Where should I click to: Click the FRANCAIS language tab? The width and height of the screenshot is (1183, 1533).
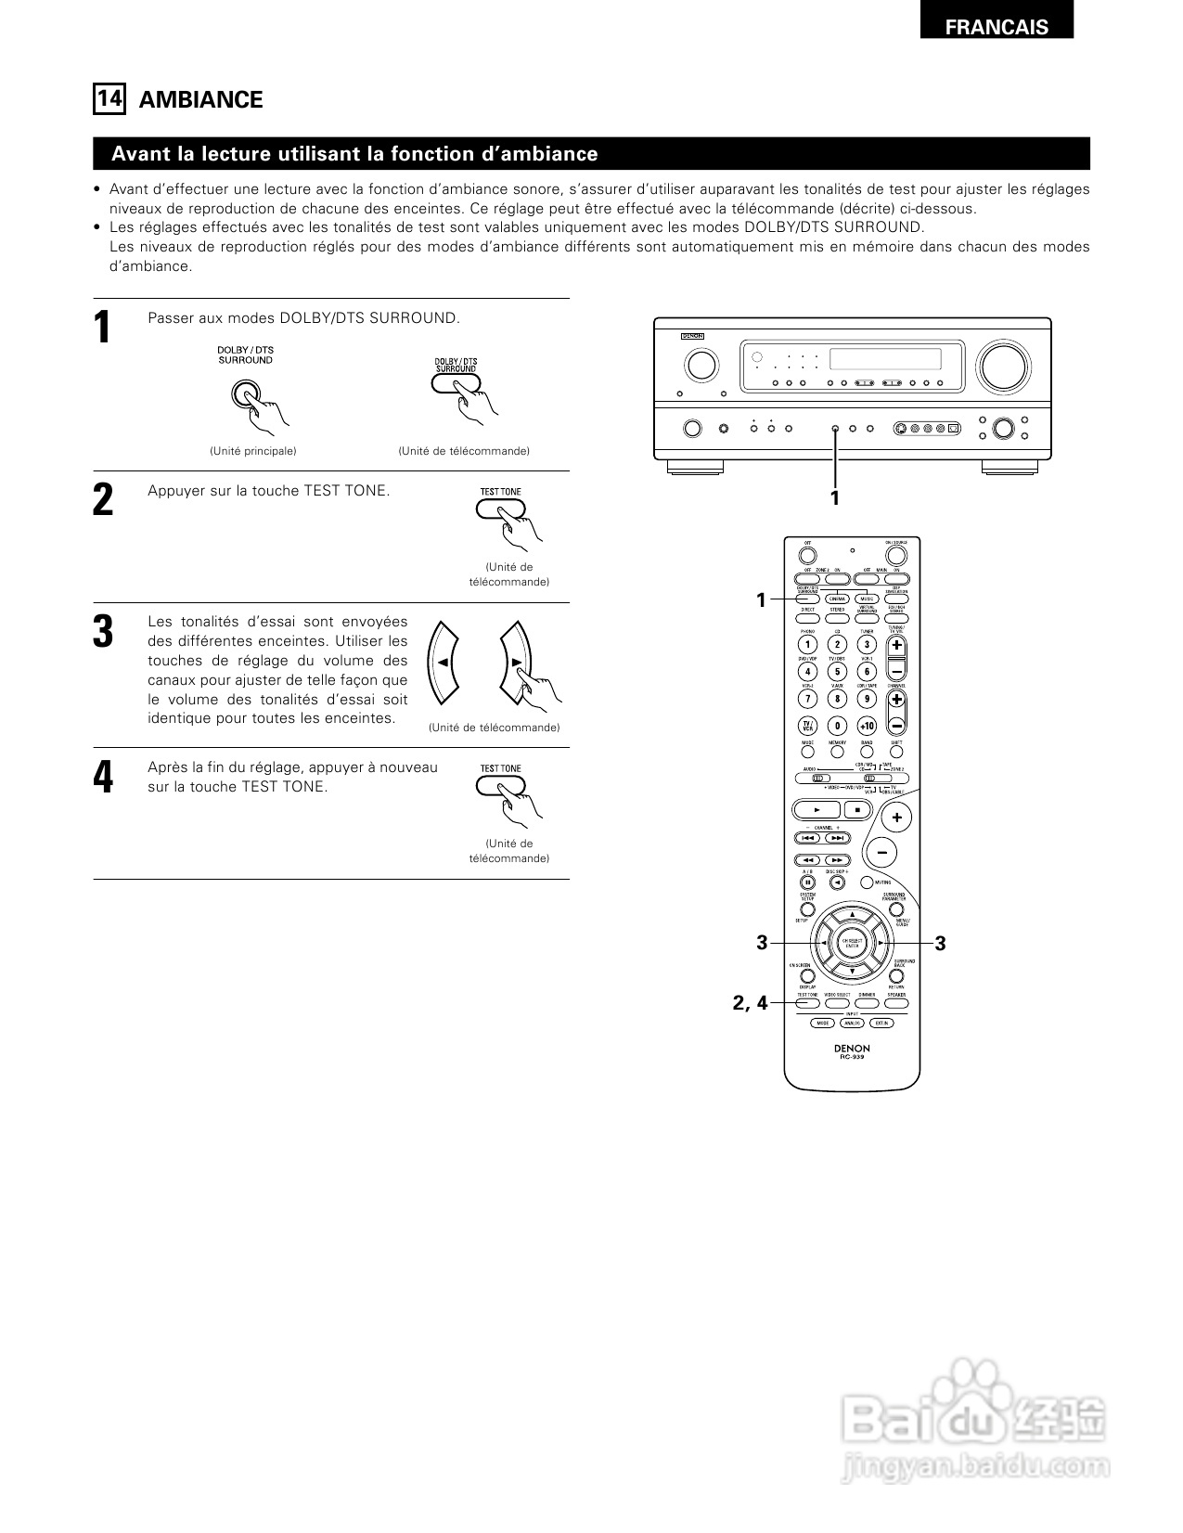(x=997, y=27)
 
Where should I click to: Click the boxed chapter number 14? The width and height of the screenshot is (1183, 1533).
(x=109, y=98)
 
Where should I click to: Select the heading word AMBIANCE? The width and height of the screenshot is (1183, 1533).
(x=200, y=99)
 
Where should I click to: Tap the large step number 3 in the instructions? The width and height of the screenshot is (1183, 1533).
(x=103, y=631)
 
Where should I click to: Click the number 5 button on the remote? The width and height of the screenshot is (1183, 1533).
(x=837, y=672)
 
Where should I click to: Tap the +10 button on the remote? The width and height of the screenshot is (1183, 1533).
(x=866, y=726)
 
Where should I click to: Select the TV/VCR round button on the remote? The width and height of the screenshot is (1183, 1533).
(x=807, y=726)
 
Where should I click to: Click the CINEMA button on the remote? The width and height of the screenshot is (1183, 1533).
(x=837, y=599)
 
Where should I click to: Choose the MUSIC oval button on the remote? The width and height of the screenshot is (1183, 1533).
(x=867, y=599)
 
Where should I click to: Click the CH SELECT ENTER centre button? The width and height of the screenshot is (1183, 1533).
(x=852, y=944)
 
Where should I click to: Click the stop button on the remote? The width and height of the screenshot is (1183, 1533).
(x=857, y=809)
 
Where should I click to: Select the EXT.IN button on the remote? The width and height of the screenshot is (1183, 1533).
(x=881, y=1023)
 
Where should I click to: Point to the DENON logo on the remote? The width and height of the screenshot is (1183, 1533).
(x=852, y=1049)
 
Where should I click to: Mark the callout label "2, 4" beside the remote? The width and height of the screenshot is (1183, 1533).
(x=750, y=1002)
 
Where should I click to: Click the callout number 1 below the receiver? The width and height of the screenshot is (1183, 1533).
(x=834, y=498)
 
